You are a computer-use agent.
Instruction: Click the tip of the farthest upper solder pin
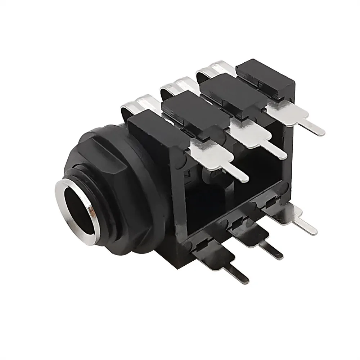(x=321, y=132)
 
